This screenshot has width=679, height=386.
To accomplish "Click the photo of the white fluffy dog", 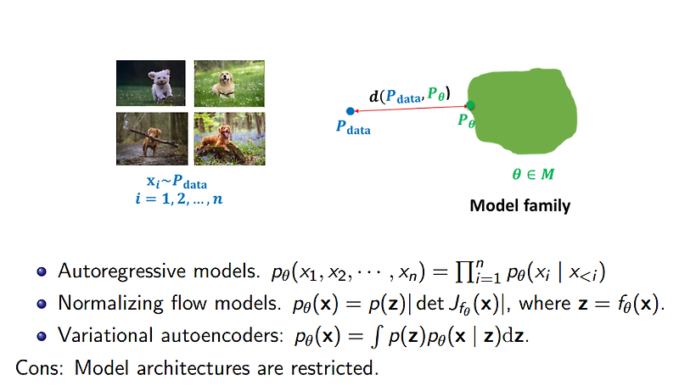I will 150,82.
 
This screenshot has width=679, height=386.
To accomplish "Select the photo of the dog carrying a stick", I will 150,138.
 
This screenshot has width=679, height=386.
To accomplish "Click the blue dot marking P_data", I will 350,110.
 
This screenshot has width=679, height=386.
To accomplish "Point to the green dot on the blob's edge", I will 470,106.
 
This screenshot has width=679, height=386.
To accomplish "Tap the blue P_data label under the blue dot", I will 353,128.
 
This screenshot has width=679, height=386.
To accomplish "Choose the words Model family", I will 519,205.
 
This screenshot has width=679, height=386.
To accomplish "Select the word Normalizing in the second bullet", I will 102,303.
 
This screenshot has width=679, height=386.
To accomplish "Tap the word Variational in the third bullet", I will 96,334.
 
